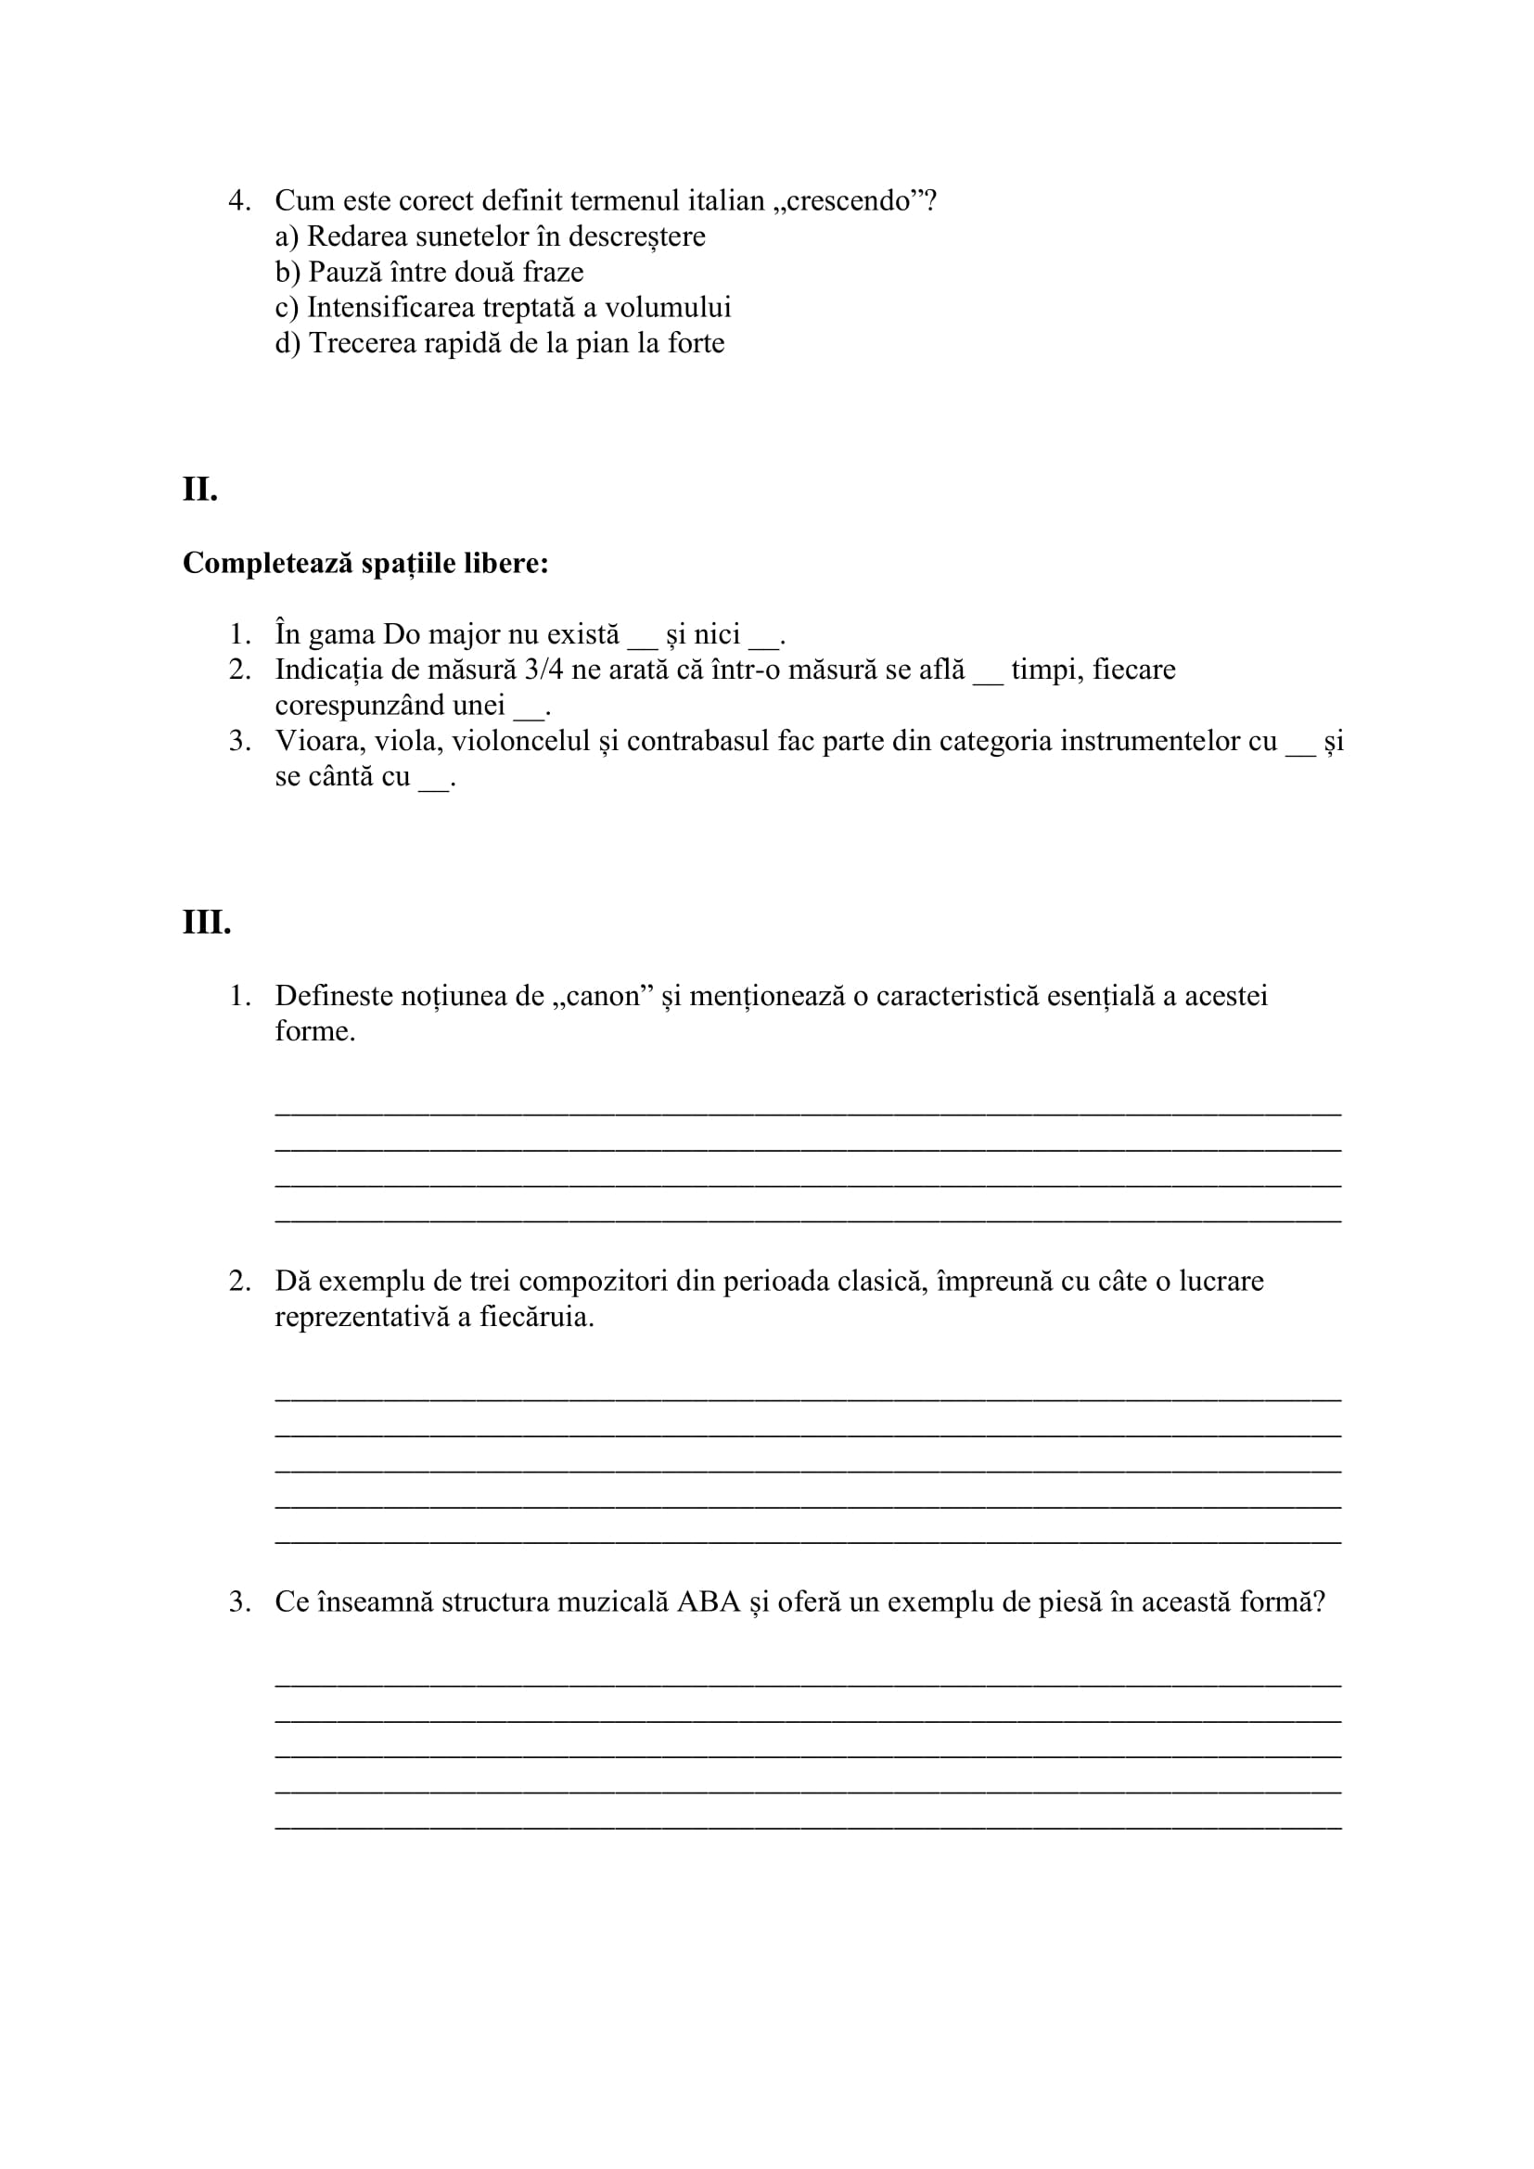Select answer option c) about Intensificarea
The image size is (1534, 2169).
pos(503,308)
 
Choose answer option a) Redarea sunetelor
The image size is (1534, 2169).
pos(490,236)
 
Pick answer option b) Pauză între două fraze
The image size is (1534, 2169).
pos(428,272)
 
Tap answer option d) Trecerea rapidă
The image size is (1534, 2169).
pos(500,343)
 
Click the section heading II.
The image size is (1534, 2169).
pos(200,490)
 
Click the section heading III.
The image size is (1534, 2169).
pos(207,922)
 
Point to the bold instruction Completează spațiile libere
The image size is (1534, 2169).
pos(365,563)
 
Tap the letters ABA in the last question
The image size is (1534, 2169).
pos(709,1601)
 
